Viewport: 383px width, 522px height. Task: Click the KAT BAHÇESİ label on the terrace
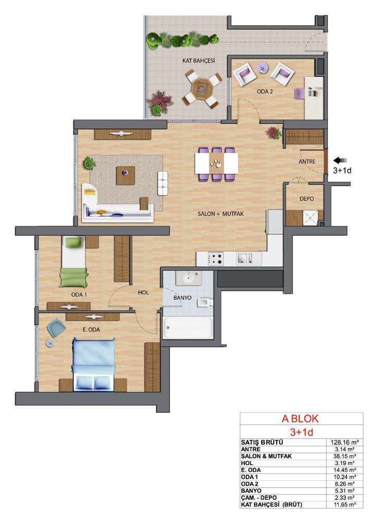coord(199,61)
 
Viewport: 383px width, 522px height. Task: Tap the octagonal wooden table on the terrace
coord(202,88)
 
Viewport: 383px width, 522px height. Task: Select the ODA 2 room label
coord(265,91)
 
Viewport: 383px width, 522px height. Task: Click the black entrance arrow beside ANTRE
coord(340,160)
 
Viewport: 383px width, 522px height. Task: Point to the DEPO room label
coord(306,199)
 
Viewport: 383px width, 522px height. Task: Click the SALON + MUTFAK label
coord(221,213)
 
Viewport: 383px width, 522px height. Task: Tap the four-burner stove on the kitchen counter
coord(215,259)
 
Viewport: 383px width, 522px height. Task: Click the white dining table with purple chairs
coord(216,163)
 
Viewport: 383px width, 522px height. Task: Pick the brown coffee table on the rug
coord(126,175)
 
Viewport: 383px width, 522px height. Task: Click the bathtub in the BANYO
coord(188,328)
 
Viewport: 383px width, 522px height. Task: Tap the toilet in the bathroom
coord(205,302)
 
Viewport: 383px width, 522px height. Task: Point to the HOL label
coord(143,292)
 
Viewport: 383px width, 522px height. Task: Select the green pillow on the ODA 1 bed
coord(73,242)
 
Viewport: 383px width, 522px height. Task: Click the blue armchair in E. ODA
coord(56,328)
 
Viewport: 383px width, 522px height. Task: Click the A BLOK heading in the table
coord(300,419)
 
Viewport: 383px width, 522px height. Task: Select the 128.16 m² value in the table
coord(345,443)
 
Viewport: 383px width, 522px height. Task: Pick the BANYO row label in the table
coord(251,491)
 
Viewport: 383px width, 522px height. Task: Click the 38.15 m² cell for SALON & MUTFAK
coord(345,456)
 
